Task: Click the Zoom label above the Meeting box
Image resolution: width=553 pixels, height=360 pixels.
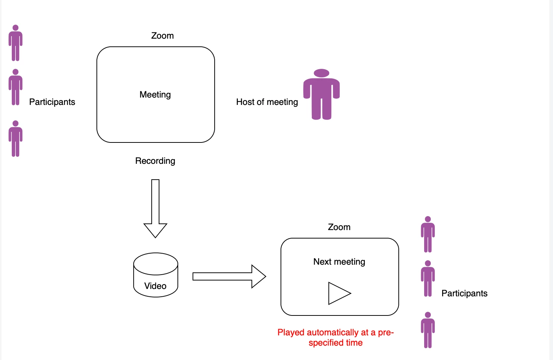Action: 162,36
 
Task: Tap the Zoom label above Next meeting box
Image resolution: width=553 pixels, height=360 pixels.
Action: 339,227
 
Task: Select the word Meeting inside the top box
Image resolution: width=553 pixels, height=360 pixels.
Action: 155,95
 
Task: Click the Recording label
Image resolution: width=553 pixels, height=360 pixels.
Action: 155,161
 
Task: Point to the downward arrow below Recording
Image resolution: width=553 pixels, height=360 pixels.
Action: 155,208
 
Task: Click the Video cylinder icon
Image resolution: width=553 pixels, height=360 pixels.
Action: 155,275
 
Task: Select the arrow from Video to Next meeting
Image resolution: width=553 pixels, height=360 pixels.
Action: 229,276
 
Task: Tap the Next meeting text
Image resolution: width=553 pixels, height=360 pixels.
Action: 339,262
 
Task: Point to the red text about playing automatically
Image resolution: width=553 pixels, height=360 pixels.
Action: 335,338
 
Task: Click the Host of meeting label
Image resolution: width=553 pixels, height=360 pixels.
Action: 267,102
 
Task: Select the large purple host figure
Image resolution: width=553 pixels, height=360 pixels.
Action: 321,95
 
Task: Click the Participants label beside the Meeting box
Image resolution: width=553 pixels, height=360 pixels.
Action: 52,102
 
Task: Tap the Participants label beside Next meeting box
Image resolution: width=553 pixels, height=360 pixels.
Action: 464,293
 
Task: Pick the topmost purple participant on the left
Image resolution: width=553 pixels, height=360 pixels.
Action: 15,43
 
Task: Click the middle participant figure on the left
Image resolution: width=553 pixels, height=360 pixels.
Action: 15,87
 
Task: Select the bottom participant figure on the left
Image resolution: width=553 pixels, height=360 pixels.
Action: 15,139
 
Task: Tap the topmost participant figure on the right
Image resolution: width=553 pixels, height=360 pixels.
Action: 428,234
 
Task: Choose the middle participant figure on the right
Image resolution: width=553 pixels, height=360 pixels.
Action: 428,279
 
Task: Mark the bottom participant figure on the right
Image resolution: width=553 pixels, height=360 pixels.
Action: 428,330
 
